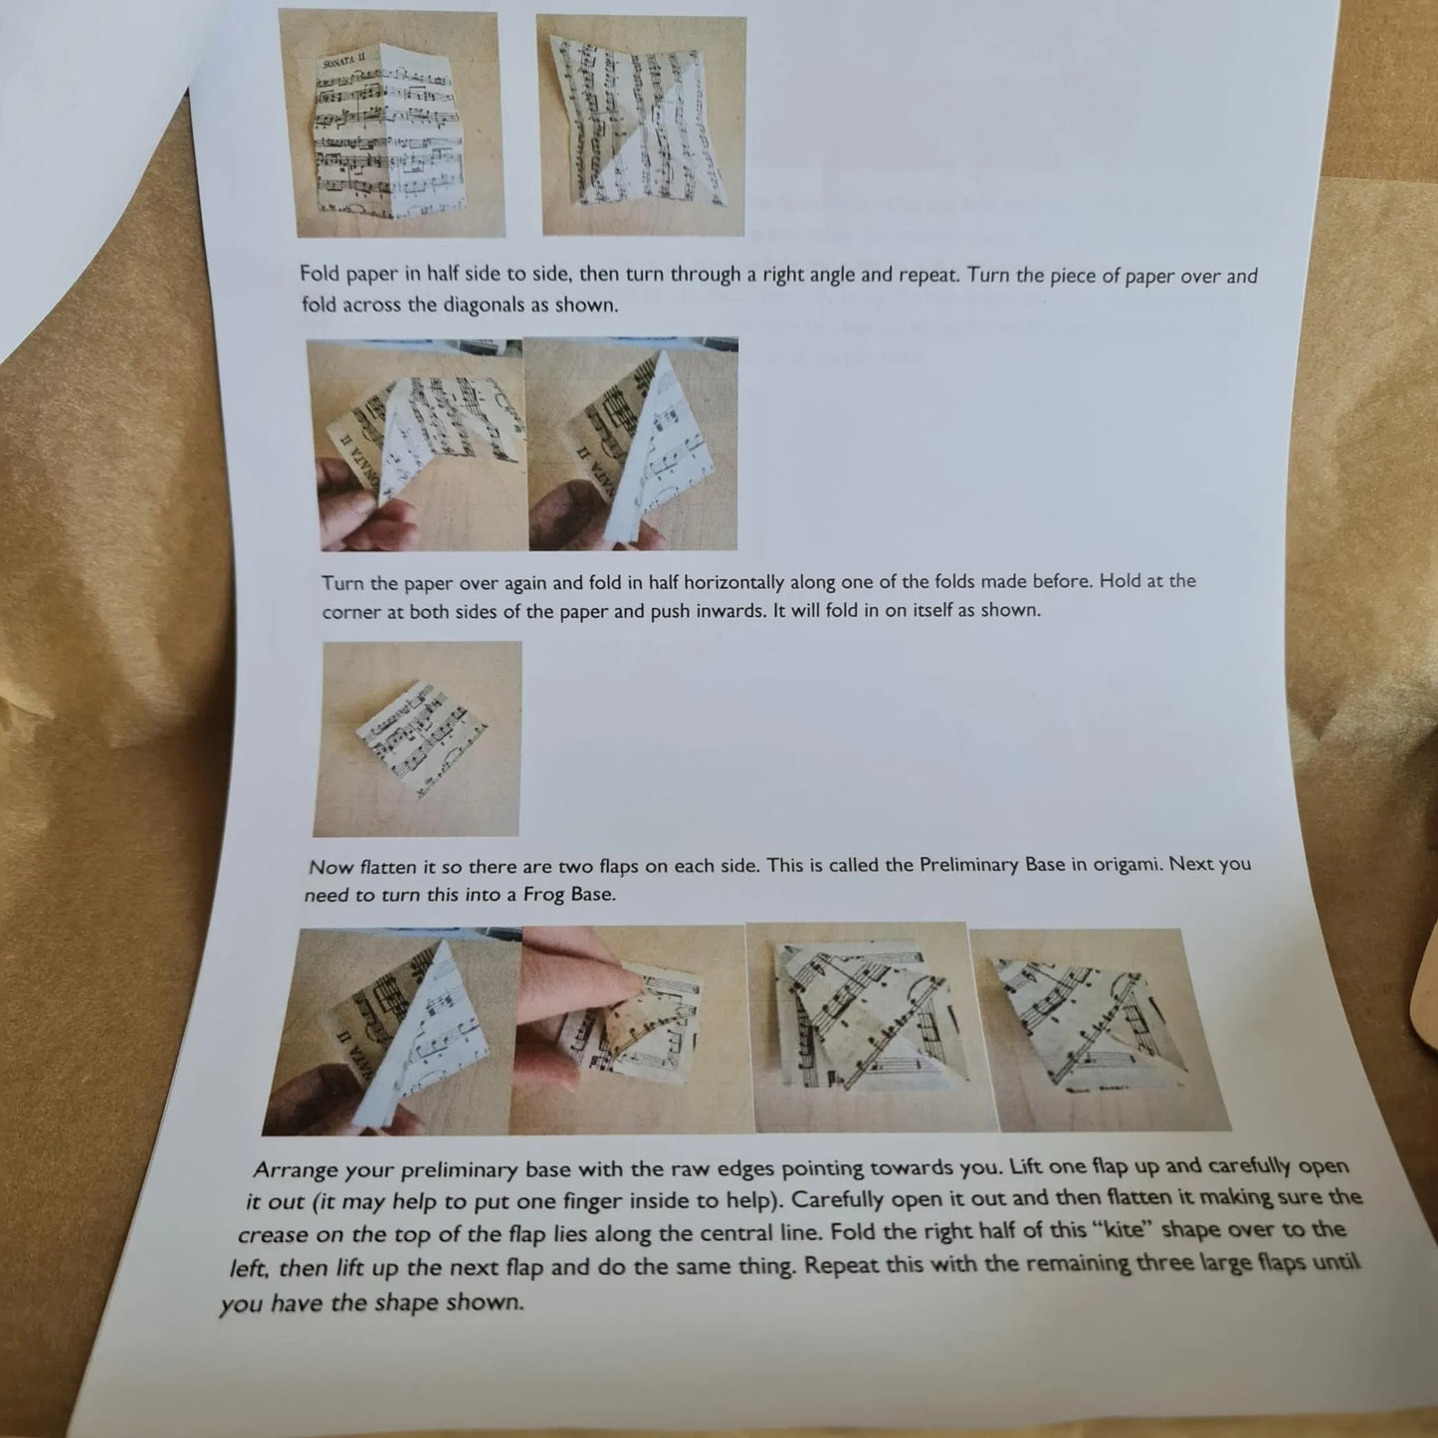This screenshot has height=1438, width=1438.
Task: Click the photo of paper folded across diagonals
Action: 643,126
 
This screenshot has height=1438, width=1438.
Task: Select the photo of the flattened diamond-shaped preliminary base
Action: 418,739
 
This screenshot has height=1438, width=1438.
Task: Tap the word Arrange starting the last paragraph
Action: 296,1169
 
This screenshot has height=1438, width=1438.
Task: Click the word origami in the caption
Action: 1128,864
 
